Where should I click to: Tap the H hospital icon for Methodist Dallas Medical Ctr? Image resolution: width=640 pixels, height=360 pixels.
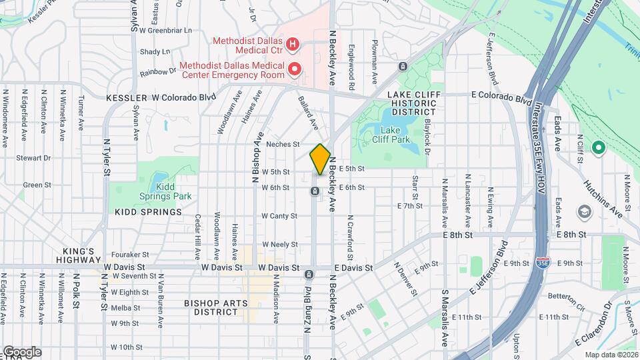(x=291, y=45)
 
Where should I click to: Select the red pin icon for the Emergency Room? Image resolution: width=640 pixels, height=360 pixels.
(x=293, y=68)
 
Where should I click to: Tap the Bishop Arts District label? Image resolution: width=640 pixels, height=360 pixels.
(x=216, y=307)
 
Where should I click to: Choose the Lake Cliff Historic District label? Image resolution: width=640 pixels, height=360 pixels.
(x=414, y=103)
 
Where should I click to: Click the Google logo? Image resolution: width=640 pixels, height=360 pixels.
(x=22, y=352)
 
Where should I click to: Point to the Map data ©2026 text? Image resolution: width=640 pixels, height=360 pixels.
(x=611, y=355)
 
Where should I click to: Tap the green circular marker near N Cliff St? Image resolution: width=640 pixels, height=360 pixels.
(x=598, y=147)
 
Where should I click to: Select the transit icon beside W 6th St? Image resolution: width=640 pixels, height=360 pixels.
(x=314, y=192)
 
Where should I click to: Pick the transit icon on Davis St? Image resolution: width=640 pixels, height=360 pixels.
(x=309, y=275)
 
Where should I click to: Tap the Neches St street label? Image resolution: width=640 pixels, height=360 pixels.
(x=283, y=144)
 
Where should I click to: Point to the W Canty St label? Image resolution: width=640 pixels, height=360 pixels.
(x=279, y=216)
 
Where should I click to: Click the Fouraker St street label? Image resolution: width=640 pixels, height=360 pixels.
(x=131, y=255)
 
